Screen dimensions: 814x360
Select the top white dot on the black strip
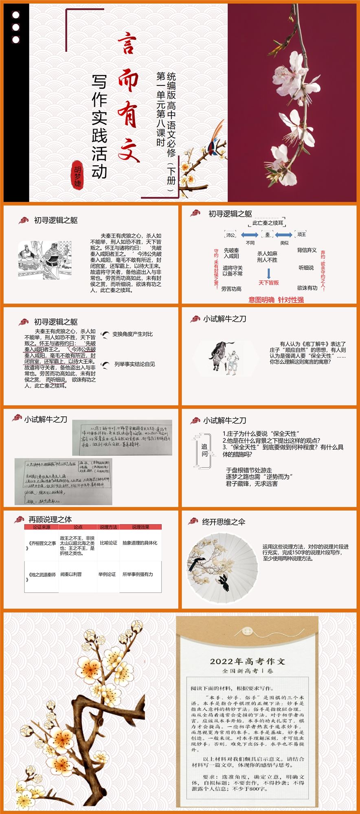pos(16,15)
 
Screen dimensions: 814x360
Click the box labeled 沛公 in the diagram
pos(230,235)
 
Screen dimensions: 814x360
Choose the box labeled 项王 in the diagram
pos(301,234)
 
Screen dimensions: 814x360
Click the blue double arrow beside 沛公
pos(249,235)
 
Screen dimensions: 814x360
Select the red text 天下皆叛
pos(268,282)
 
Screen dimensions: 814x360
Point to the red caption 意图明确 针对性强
pos(276,300)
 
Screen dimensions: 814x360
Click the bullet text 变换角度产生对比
pos(132,334)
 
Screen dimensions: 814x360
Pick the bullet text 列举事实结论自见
pos(134,364)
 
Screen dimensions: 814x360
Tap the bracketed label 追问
pos(204,450)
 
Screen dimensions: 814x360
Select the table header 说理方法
pos(108,527)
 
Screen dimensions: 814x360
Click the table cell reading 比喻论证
pos(108,543)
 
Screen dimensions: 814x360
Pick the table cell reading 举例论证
pos(107,574)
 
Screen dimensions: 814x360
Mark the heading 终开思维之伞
pos(224,522)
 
